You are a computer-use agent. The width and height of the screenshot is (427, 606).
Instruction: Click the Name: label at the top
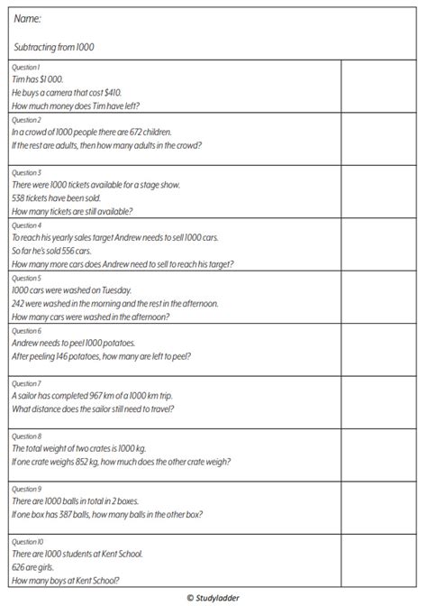[x=27, y=18]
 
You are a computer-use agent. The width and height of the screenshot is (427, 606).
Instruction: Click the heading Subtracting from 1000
[x=55, y=46]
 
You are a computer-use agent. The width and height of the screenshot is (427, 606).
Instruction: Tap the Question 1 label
[x=25, y=67]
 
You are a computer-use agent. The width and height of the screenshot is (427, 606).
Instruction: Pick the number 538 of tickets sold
[x=20, y=197]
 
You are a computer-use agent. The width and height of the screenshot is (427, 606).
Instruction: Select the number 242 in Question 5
[x=20, y=304]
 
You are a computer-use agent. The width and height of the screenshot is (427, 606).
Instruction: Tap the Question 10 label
[x=26, y=541]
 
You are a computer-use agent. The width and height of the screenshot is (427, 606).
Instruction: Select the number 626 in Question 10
[x=19, y=566]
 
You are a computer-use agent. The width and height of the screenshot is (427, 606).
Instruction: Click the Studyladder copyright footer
[x=213, y=597]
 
